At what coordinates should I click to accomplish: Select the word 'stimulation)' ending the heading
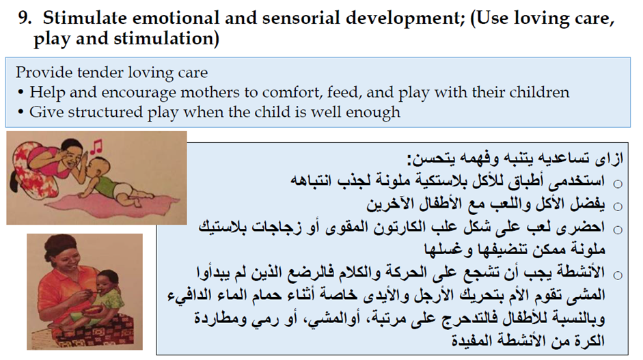point(167,38)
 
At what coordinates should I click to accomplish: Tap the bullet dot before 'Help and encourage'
point(21,93)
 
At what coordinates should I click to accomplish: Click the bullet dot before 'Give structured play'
point(21,112)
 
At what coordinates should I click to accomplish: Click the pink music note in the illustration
point(96,146)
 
